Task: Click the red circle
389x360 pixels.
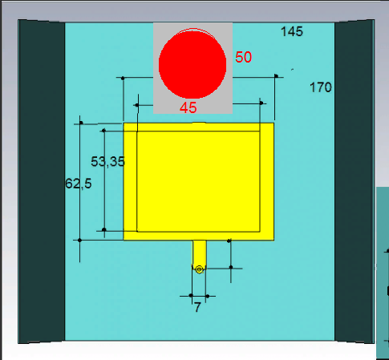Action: pos(192,63)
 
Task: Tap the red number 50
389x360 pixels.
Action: pos(243,57)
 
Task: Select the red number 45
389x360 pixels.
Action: pos(188,107)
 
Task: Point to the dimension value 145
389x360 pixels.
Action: pos(292,31)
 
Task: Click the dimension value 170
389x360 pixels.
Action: pos(321,87)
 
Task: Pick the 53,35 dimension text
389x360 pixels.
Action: pos(107,162)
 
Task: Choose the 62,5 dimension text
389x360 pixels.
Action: pos(79,184)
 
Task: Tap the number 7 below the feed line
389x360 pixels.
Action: pos(197,307)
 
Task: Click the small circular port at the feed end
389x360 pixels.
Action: pos(199,269)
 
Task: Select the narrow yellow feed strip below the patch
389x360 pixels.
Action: pos(199,254)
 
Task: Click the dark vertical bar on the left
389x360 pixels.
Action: pos(42,181)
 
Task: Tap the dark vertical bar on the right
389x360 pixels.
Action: pos(355,181)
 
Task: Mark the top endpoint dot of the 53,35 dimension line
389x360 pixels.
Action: pos(103,131)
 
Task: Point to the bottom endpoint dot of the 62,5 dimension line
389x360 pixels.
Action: pos(79,241)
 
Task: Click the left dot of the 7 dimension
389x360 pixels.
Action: pos(191,296)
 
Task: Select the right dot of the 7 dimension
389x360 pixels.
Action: pos(208,296)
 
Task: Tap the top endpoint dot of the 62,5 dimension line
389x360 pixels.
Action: pos(81,123)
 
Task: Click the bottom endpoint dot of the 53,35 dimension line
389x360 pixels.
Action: pos(104,229)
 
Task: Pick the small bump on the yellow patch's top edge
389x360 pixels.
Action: pos(198,123)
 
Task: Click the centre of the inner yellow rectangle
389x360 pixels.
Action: pos(198,181)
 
